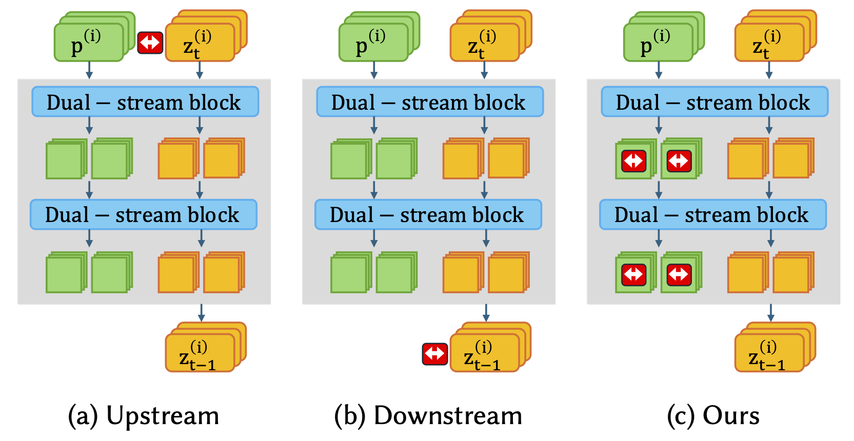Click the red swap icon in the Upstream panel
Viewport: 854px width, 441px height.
[150, 43]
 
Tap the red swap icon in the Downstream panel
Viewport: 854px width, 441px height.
[435, 354]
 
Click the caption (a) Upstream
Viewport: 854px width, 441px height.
[144, 415]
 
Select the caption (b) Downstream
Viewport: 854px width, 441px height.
[428, 415]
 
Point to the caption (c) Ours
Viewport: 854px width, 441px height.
[713, 415]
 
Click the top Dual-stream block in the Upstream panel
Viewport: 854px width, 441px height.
[145, 102]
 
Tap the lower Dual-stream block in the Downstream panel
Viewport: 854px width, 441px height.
[428, 215]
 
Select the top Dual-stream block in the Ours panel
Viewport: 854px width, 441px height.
[714, 102]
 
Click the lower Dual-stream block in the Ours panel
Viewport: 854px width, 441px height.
[713, 215]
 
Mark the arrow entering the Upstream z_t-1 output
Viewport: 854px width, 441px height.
[202, 313]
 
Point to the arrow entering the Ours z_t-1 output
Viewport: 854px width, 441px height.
[771, 313]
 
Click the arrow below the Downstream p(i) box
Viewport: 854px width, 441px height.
[374, 70]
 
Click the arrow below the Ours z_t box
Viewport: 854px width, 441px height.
[769, 70]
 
